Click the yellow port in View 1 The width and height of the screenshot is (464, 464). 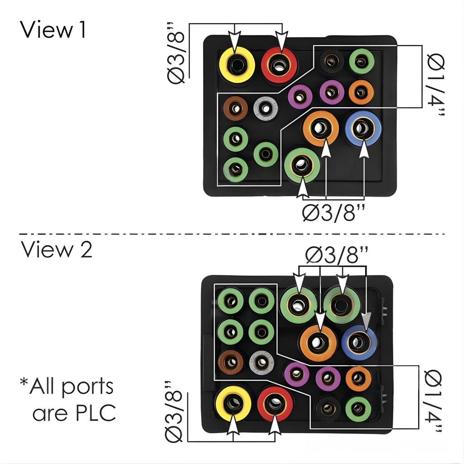pyautogui.click(x=237, y=64)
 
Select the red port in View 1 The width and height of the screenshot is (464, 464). pyautogui.click(x=279, y=64)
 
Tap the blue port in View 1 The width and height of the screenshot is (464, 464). pyautogui.click(x=363, y=128)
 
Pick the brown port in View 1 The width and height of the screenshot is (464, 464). pyautogui.click(x=236, y=108)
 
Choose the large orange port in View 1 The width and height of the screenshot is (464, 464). pyautogui.click(x=321, y=128)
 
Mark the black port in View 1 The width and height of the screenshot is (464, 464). pyautogui.click(x=332, y=62)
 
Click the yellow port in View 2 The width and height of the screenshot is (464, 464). pyautogui.click(x=233, y=403)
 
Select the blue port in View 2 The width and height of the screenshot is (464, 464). pyautogui.click(x=359, y=343)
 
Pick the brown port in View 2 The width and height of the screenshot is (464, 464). pyautogui.click(x=231, y=362)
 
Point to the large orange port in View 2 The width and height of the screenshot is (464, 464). pyautogui.click(x=318, y=343)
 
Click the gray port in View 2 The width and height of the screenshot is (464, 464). pyautogui.click(x=261, y=362)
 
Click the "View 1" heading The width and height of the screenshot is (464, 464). pyautogui.click(x=53, y=30)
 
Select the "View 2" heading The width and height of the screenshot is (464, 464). pyautogui.click(x=56, y=250)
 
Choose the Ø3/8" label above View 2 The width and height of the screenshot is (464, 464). pyautogui.click(x=336, y=256)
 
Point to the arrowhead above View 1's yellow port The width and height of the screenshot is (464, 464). pyautogui.click(x=234, y=43)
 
